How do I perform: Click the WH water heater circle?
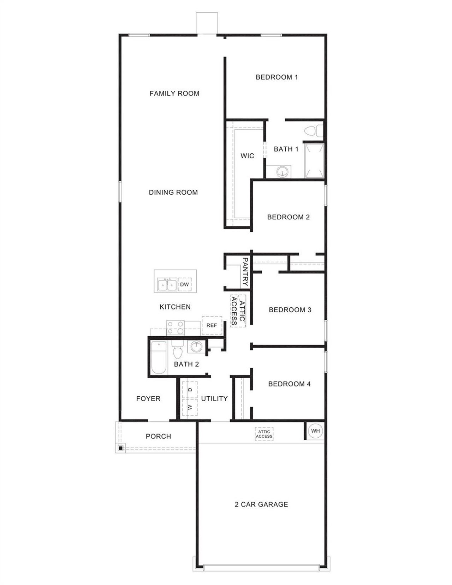(315, 431)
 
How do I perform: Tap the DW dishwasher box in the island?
(185, 284)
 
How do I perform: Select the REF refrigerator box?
(212, 325)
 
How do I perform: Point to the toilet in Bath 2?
(177, 351)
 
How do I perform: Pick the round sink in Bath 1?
(282, 172)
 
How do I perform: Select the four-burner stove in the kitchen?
(175, 327)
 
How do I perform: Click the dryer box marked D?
(190, 390)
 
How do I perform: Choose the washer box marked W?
(190, 407)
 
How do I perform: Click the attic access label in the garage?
(264, 434)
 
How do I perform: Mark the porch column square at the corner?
(120, 448)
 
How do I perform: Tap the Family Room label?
(174, 94)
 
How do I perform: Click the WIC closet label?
(247, 156)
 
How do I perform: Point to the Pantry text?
(245, 272)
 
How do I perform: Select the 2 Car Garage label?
(261, 504)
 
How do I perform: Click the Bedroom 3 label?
(290, 310)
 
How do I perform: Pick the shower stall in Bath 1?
(314, 161)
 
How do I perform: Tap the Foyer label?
(148, 398)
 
